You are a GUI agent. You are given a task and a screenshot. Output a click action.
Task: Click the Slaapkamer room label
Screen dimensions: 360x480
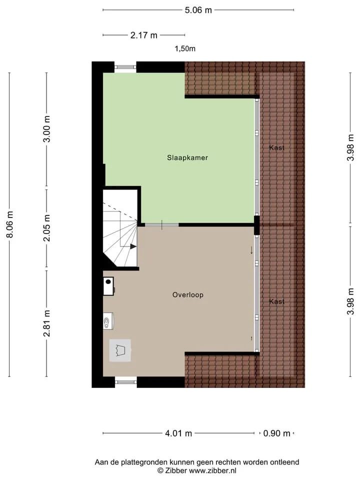187,157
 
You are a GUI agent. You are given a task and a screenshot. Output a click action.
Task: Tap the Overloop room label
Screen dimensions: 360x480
188,295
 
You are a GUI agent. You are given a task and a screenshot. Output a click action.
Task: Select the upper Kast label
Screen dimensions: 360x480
276,147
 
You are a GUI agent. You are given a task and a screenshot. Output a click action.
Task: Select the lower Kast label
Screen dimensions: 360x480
276,301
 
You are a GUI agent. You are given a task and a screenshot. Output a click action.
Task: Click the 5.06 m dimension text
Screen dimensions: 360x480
198,10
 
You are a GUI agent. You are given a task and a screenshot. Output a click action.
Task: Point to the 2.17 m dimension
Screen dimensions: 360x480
144,35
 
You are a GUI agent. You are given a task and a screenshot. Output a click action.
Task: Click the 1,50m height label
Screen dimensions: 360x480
185,48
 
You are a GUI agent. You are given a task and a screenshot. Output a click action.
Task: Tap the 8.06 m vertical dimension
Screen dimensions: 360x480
10,224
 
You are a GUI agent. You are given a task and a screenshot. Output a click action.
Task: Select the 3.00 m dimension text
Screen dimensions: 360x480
47,129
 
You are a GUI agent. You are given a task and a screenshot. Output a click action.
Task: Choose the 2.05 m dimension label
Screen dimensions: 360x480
47,228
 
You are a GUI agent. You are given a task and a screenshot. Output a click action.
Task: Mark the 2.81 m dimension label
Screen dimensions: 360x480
47,323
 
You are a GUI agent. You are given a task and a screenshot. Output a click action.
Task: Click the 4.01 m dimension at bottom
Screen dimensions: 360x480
178,433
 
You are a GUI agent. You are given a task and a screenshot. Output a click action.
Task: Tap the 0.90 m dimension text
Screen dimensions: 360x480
276,433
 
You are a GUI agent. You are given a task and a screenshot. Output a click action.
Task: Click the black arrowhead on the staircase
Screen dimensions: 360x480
133,246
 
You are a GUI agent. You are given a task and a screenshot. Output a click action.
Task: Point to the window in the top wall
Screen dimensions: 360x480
125,67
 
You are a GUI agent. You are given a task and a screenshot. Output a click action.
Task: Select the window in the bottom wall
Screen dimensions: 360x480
126,381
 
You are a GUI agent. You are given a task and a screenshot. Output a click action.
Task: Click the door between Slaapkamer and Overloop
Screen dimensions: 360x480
161,225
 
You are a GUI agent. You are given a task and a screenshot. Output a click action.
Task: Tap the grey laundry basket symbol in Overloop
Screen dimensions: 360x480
120,350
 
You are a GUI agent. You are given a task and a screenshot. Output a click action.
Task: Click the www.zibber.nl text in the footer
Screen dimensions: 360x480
212,470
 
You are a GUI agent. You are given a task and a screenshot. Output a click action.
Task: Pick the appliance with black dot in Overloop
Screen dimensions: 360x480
108,286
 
